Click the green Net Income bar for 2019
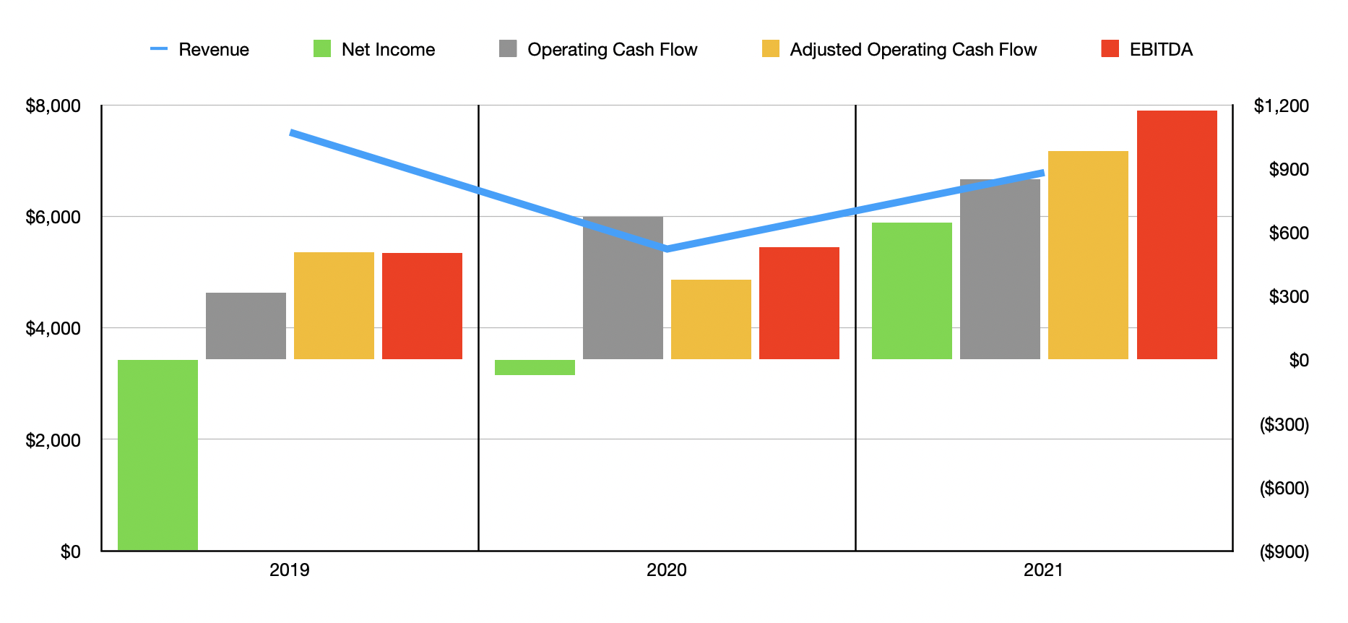click(x=157, y=455)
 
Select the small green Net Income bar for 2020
click(x=535, y=367)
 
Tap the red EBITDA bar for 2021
click(x=1177, y=235)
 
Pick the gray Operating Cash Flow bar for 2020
click(x=623, y=288)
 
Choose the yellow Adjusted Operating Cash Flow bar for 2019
click(x=334, y=306)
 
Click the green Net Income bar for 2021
click(x=912, y=291)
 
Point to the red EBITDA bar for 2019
click(x=422, y=306)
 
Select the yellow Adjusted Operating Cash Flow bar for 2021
click(x=1088, y=255)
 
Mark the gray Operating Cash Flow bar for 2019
click(x=246, y=326)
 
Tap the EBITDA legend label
click(x=1160, y=49)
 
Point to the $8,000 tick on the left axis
click(x=53, y=106)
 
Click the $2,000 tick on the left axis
click(x=53, y=440)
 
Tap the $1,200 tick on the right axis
click(x=1281, y=106)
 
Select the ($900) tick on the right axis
click(x=1284, y=552)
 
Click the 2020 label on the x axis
click(x=666, y=570)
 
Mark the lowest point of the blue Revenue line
click(x=666, y=249)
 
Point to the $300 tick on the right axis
click(x=1288, y=296)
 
